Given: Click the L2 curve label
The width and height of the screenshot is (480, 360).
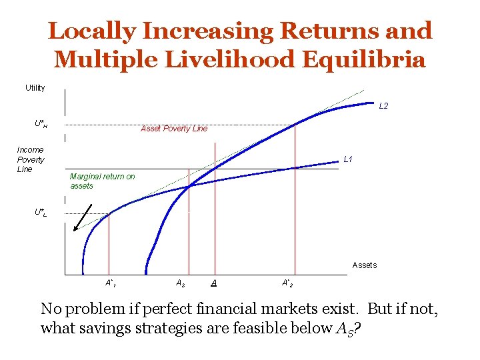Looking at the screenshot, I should (383, 106).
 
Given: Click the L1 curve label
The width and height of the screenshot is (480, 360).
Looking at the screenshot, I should (347, 159).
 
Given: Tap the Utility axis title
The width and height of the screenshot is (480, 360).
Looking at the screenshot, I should (35, 88).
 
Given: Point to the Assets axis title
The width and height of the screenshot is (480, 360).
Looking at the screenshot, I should (364, 265).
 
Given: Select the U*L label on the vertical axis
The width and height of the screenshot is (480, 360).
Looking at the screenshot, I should (41, 213).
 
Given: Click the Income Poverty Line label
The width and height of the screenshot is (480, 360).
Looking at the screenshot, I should (31, 159).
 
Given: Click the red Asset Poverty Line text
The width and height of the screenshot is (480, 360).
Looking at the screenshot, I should (174, 129).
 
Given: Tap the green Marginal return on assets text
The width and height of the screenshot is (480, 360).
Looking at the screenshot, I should (102, 181).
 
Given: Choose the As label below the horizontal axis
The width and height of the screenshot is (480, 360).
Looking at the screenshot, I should (179, 283).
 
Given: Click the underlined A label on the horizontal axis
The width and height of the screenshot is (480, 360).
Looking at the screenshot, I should (213, 283).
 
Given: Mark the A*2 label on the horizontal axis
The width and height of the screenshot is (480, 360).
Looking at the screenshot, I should (287, 283).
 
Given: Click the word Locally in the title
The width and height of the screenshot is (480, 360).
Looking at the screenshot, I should (92, 31).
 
